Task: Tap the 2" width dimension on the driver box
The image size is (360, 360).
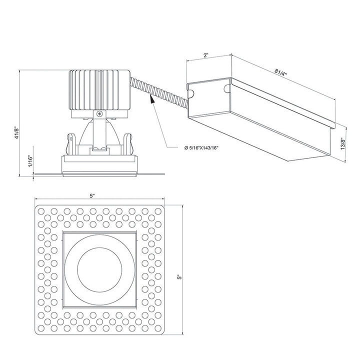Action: click(206, 55)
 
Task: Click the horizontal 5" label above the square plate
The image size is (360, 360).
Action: click(93, 196)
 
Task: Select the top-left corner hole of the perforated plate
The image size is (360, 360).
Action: click(41, 210)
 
